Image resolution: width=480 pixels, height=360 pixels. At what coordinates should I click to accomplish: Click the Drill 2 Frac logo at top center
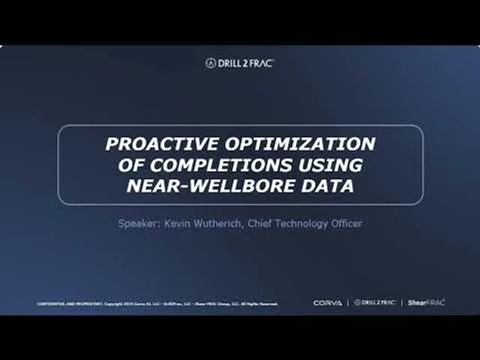coord(240,63)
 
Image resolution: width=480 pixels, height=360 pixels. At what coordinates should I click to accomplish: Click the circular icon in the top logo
coord(211,63)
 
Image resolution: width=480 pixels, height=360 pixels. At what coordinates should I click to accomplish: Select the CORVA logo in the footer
coord(327,303)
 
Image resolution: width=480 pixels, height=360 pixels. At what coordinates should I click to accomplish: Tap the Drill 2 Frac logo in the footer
coord(374,303)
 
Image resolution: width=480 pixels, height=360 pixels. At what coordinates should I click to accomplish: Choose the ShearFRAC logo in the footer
coord(426,303)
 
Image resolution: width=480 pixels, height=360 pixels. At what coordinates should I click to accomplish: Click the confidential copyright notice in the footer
coord(157,304)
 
